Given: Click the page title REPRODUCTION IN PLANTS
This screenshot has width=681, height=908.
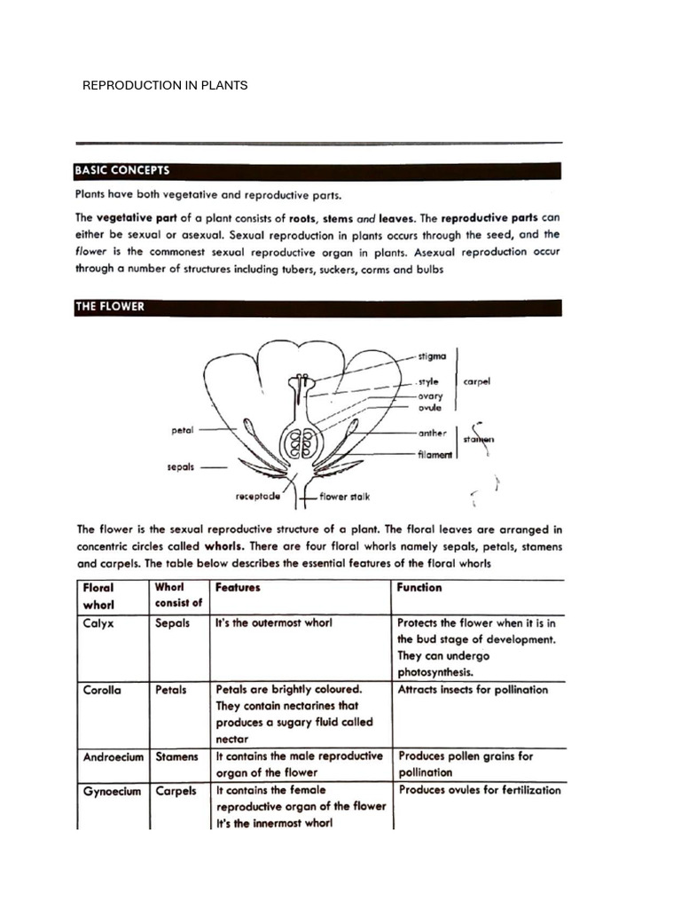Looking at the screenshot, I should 165,85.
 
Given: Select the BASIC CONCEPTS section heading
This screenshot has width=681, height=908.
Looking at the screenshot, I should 122,170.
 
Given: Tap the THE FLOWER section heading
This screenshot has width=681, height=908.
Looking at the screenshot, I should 110,307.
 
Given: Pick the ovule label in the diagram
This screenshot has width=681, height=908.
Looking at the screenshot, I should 430,408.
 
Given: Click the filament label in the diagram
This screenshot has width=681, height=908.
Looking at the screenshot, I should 434,455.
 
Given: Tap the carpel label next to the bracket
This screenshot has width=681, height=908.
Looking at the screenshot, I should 477,382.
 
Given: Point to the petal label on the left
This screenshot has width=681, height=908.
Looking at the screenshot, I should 182,430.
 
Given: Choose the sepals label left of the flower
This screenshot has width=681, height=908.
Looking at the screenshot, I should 180,466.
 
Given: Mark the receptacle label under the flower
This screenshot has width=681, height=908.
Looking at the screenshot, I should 261,497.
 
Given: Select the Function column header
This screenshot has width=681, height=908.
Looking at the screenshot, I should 420,587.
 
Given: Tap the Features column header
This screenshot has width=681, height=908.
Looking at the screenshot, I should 238,587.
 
